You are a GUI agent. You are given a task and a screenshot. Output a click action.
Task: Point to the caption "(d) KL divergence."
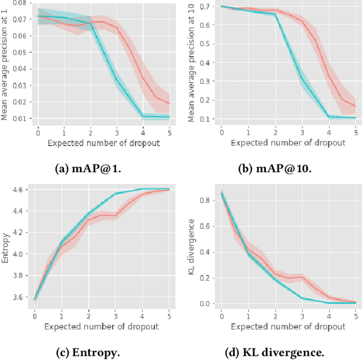click(273, 352)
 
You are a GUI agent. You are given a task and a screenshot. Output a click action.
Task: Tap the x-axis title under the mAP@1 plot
click(103, 143)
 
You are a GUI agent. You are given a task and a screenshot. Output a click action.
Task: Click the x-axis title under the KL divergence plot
click(288, 327)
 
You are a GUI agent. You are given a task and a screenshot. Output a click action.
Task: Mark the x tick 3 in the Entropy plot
click(115, 315)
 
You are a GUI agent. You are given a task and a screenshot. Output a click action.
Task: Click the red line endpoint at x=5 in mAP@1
click(169, 103)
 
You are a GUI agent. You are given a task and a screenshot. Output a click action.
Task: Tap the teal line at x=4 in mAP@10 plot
click(328, 117)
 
